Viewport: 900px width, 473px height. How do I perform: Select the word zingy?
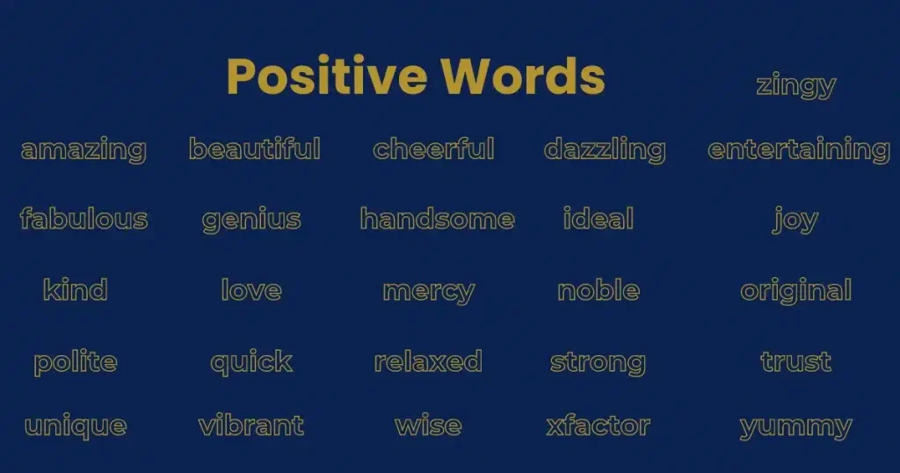[795, 86]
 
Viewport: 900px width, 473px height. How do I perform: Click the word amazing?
[83, 150]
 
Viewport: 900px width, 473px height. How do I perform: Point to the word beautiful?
[254, 149]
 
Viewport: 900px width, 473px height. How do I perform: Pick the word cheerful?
[433, 149]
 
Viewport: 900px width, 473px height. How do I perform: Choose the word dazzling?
[605, 150]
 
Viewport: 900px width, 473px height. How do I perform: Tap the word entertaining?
[798, 149]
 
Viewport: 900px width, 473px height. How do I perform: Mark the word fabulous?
[83, 219]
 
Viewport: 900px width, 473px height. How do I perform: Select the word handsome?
[437, 219]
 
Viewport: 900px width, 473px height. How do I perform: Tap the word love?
[251, 290]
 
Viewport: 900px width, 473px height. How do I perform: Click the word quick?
[251, 362]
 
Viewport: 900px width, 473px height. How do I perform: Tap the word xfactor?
[598, 427]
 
